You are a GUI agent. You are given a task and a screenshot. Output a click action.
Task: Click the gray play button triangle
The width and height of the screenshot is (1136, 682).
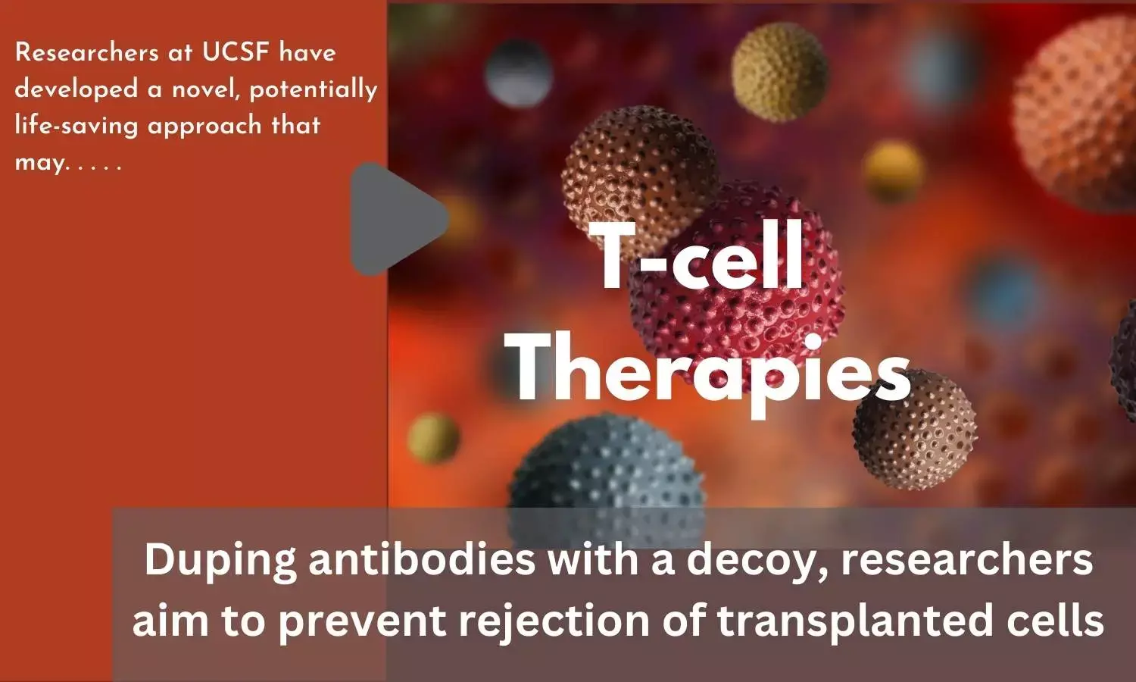(x=393, y=219)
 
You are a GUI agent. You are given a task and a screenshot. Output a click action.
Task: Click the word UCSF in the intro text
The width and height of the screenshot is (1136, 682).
(x=236, y=52)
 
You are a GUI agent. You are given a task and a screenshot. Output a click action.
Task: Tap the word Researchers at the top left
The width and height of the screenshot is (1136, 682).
(x=87, y=52)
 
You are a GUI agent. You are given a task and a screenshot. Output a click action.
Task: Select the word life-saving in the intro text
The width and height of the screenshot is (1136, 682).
(x=76, y=126)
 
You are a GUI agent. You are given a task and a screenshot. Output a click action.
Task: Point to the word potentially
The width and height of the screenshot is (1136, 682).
(x=314, y=90)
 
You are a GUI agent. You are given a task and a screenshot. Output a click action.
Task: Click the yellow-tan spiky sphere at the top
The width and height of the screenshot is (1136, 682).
(x=779, y=71)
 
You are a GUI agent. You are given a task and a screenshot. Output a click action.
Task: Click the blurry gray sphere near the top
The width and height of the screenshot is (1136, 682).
(x=518, y=74)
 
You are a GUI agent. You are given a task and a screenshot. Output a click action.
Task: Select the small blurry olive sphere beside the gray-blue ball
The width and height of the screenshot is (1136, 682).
(x=433, y=437)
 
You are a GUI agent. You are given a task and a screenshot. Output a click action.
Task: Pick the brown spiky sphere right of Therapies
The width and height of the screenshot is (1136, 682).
(x=916, y=430)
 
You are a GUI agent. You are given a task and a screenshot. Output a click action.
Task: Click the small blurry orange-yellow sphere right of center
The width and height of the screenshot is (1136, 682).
(x=893, y=171)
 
